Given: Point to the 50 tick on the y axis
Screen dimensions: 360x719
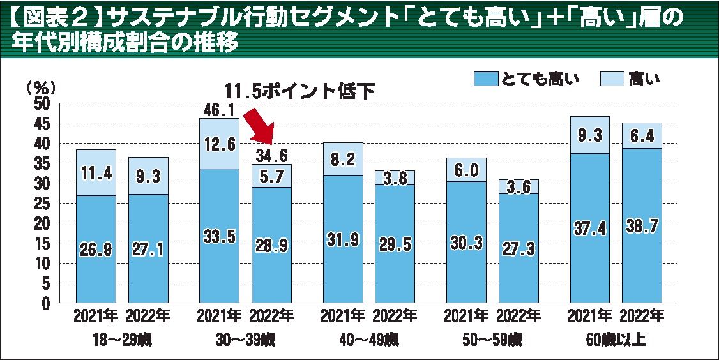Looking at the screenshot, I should [41, 104].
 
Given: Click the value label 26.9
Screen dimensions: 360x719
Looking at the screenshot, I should [96, 250].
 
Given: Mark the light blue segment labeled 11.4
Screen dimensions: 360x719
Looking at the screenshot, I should [96, 173].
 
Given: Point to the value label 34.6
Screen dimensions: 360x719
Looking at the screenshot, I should [271, 155].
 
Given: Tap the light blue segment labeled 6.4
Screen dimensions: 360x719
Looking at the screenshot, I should [642, 135].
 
